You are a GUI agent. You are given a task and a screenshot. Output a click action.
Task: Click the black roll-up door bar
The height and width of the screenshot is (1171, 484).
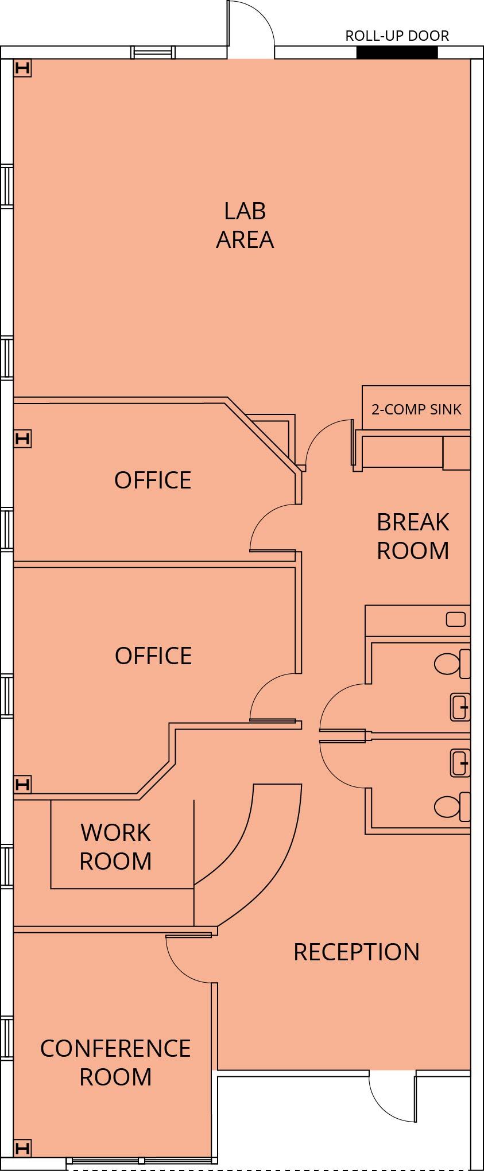pos(397,52)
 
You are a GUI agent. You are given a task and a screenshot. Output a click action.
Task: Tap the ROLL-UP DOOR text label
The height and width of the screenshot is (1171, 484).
pos(397,36)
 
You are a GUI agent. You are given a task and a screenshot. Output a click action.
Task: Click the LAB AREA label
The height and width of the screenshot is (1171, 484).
pos(245,225)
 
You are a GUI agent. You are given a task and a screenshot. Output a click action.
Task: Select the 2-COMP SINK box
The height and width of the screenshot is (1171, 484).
pos(416,408)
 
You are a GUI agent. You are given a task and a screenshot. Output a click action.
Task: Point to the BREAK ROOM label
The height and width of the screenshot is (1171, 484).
pos(412,536)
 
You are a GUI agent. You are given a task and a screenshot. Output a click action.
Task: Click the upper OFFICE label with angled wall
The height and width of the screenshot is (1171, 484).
pos(152,480)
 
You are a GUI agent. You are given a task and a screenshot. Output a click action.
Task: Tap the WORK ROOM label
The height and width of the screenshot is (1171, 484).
pos(115,846)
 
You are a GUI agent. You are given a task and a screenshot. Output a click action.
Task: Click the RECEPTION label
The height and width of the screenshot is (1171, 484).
pos(356,952)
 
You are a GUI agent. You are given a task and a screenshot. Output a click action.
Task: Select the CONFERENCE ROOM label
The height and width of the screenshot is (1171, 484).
pos(115,1062)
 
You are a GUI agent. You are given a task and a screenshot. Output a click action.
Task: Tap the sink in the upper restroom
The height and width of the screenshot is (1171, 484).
pos(459,707)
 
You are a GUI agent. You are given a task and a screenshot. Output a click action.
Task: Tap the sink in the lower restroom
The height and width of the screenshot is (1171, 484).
pos(459,763)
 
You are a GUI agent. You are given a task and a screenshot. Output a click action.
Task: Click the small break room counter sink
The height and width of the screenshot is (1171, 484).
pos(456,619)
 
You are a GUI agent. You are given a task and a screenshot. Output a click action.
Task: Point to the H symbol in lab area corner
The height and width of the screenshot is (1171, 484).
pos(22,68)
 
